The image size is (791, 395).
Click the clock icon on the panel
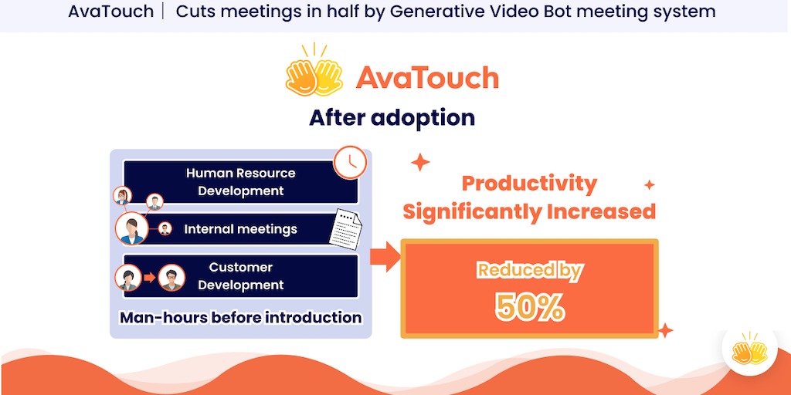[x=350, y=162]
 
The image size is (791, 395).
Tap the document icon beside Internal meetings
[x=346, y=228]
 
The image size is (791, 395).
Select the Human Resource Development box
[x=241, y=182]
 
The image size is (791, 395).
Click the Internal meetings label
[x=241, y=229]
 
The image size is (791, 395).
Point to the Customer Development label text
[x=241, y=276]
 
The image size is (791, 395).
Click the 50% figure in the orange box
[x=529, y=307]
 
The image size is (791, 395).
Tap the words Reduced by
[x=530, y=271]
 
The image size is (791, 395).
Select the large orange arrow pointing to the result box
[x=385, y=256]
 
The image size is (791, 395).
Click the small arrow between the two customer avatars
[x=149, y=277]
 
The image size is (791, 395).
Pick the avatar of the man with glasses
[x=171, y=278]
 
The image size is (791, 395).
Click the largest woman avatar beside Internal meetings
[x=131, y=228]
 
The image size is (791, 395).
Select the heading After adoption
[x=392, y=118]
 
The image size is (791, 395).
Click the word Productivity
[x=529, y=184]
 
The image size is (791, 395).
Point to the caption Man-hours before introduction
[x=241, y=317]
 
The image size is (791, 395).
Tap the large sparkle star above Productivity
[x=420, y=163]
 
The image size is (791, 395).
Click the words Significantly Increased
[x=529, y=211]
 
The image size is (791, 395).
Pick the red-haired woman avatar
[x=123, y=195]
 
